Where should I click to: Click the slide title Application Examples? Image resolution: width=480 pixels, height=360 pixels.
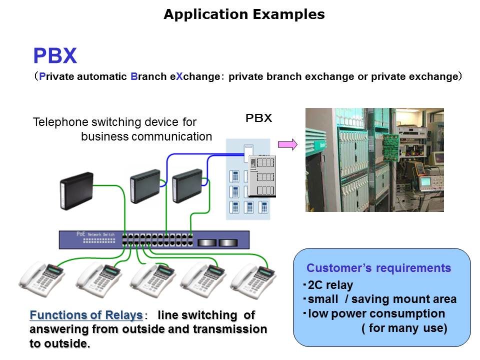[x=244, y=14]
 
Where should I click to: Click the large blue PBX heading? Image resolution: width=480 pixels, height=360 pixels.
[x=55, y=56]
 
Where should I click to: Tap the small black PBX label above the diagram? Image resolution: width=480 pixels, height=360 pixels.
[x=258, y=118]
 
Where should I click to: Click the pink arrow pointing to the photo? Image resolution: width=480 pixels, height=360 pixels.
[x=287, y=144]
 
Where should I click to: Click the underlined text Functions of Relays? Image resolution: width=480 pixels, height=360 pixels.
[x=86, y=315]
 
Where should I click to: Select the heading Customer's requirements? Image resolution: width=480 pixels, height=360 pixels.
[x=378, y=268]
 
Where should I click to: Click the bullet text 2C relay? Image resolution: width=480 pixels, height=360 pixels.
[x=330, y=285]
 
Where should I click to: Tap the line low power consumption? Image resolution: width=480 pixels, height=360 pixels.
[x=376, y=314]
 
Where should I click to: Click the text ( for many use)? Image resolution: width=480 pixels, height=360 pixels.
[x=404, y=328]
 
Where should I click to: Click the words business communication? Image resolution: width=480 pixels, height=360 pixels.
[x=146, y=136]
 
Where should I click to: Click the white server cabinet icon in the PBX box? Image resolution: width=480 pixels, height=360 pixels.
[x=262, y=176]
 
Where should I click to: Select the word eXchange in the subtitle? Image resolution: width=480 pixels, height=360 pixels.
[x=197, y=76]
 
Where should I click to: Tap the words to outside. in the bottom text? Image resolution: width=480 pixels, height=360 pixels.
[x=60, y=344]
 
